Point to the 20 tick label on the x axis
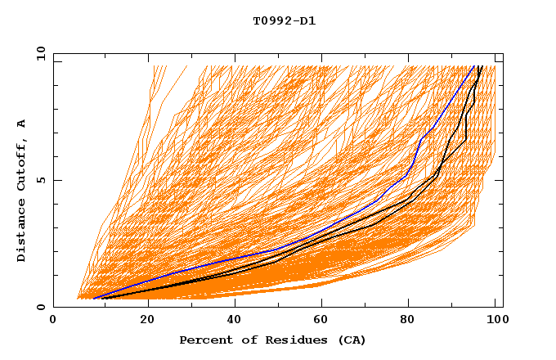click(x=147, y=322)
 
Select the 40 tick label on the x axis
click(x=235, y=322)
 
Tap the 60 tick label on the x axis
click(x=324, y=322)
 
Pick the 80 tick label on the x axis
click(x=412, y=322)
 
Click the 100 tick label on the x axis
click(x=496, y=322)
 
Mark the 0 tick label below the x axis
click(x=54, y=322)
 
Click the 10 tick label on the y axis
click(x=40, y=53)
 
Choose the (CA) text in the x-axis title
click(x=350, y=340)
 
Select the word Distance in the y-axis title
click(x=21, y=231)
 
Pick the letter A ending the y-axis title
click(x=21, y=124)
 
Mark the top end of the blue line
click(x=474, y=66)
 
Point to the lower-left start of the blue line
click(x=94, y=298)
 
